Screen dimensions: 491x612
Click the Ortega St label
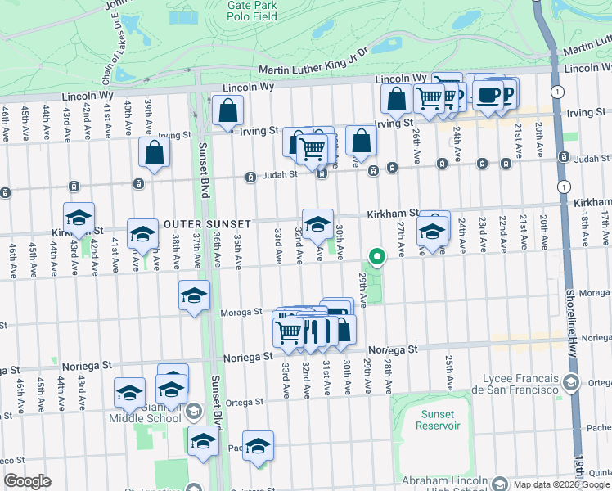(x=245, y=402)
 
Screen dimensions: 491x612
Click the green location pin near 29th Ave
(x=376, y=258)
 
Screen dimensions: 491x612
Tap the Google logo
(x=27, y=481)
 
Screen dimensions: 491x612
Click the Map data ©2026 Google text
(x=560, y=484)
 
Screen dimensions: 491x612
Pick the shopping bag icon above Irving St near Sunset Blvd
(x=228, y=110)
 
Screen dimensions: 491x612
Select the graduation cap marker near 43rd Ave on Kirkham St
(x=79, y=218)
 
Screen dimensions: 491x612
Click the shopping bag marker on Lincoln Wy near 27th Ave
(x=396, y=99)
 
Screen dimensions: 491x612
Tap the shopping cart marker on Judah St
(x=312, y=149)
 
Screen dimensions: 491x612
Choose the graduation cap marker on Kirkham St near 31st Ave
(x=317, y=223)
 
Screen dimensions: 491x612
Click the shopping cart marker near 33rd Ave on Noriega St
(x=288, y=331)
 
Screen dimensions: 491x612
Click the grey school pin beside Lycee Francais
(x=573, y=381)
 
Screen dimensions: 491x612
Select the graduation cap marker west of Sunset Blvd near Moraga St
(x=195, y=295)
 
